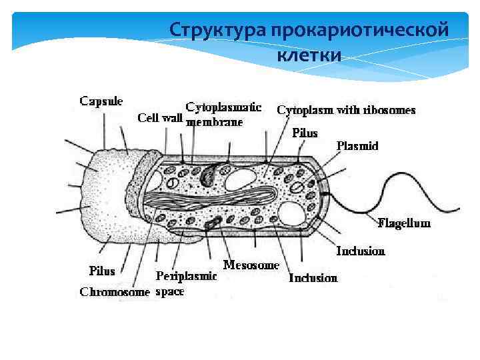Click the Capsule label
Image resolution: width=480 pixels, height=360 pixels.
pyautogui.click(x=101, y=101)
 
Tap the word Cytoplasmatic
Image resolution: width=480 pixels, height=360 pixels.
pyautogui.click(x=223, y=107)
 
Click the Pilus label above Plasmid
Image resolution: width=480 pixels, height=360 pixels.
pyautogui.click(x=305, y=133)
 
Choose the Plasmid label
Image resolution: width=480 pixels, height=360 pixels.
pyautogui.click(x=357, y=145)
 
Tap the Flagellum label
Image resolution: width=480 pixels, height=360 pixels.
pyautogui.click(x=404, y=223)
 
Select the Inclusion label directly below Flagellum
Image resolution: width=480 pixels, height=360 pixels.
pyautogui.click(x=361, y=251)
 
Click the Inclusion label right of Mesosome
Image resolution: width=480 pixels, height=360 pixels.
pyautogui.click(x=313, y=277)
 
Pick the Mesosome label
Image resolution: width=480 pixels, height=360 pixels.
pyautogui.click(x=251, y=265)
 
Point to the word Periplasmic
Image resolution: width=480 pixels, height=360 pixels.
pyautogui.click(x=186, y=276)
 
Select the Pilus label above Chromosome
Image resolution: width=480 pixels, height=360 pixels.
pyautogui.click(x=102, y=271)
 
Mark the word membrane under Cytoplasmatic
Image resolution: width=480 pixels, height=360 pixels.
pyautogui.click(x=214, y=122)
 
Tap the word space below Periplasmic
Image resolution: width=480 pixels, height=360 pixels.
pyautogui.click(x=169, y=291)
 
